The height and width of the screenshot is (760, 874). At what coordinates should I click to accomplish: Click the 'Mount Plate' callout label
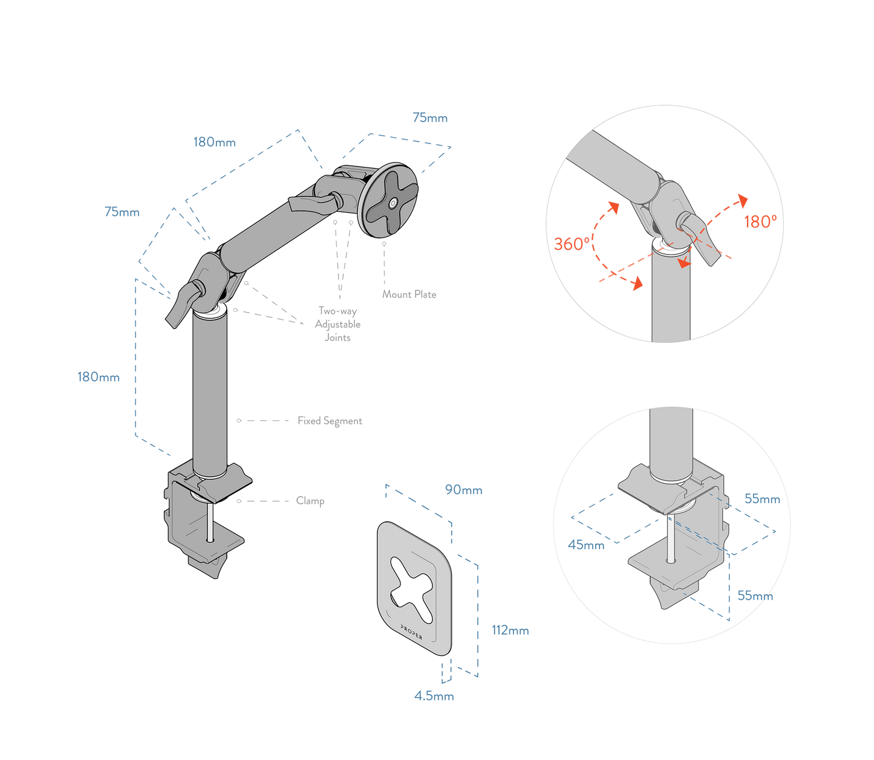409,294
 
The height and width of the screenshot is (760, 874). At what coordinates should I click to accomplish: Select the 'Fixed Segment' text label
330,421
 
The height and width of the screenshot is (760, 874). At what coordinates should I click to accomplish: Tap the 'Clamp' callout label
310,501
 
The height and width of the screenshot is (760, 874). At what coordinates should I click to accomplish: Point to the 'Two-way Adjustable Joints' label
338,324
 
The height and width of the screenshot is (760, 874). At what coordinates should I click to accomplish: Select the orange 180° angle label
759,222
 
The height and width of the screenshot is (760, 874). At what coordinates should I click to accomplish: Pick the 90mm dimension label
464,490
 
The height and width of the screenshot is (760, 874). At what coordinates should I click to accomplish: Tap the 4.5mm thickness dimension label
434,696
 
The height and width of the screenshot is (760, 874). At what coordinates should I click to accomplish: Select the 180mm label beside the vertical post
98,377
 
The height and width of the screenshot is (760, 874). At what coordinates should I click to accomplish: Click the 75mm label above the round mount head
430,118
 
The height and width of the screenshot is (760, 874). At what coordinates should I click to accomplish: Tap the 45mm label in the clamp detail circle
586,545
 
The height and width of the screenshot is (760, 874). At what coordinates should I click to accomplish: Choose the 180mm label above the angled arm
214,143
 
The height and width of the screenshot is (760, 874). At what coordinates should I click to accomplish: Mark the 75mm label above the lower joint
122,212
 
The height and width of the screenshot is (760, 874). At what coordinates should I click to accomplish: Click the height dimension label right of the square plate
510,631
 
